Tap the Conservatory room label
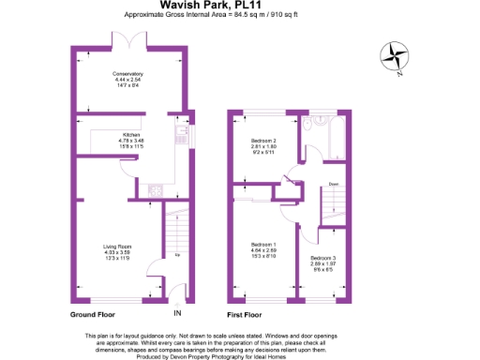pyautogui.click(x=127, y=73)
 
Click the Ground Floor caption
pyautogui.click(x=94, y=313)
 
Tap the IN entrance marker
pyautogui.click(x=177, y=313)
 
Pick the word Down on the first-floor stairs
pyautogui.click(x=333, y=185)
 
